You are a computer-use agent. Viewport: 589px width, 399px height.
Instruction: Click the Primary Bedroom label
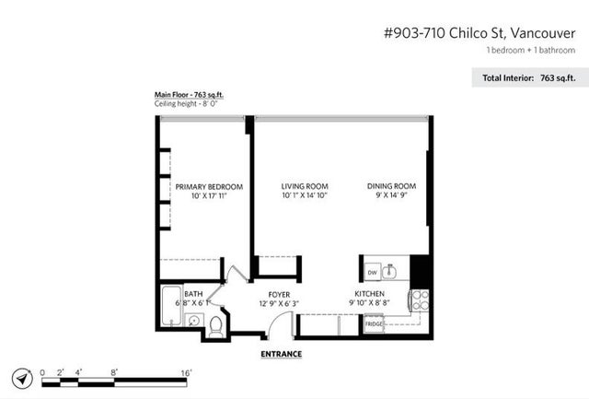tap(209, 187)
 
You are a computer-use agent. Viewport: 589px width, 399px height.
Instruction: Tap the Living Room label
tap(305, 186)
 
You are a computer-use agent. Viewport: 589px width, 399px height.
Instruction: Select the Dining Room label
tap(391, 186)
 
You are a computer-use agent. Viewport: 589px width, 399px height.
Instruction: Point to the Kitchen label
tap(370, 294)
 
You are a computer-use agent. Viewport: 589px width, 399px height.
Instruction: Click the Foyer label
tap(279, 295)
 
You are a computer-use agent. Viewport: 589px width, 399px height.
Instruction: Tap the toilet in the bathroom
tap(216, 326)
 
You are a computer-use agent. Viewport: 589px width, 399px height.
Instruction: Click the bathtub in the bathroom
tap(171, 306)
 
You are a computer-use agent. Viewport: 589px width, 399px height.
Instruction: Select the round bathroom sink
tap(194, 321)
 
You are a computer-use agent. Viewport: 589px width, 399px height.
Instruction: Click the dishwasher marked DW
tap(372, 272)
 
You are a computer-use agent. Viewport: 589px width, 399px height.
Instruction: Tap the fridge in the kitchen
tap(374, 323)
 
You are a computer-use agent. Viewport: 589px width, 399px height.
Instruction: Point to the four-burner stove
tap(420, 300)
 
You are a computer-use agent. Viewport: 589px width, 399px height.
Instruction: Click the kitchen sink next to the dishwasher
tap(390, 272)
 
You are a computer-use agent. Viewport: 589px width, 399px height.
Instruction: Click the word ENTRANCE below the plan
tap(282, 354)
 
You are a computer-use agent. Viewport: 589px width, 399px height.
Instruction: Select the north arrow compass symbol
tap(22, 379)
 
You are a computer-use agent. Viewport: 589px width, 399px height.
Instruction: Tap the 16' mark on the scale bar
tap(186, 372)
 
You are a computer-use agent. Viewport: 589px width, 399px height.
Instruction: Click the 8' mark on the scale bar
tap(114, 372)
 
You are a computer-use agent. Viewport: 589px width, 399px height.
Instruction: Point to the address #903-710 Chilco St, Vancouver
tap(479, 33)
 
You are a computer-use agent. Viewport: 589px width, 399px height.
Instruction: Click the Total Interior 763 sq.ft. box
tap(530, 77)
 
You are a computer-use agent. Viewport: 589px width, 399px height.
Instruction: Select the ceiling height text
tap(186, 103)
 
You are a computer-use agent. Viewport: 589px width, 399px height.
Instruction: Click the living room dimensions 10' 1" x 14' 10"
tap(305, 195)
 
